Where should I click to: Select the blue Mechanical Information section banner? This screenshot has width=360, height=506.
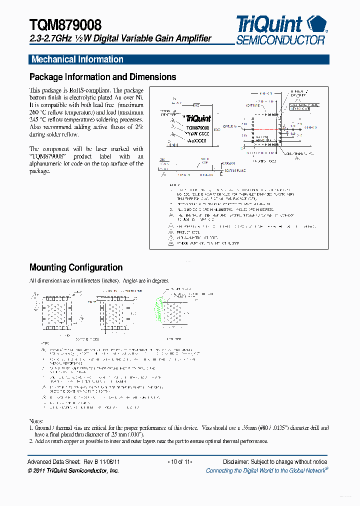click(178, 59)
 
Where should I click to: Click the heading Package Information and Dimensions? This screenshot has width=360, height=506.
click(102, 77)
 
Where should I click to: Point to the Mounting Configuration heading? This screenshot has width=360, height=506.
click(76, 267)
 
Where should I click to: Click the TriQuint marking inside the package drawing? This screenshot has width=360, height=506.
click(198, 119)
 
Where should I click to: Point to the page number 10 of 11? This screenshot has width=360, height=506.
click(179, 462)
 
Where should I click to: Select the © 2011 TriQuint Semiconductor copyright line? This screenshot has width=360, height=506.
click(73, 470)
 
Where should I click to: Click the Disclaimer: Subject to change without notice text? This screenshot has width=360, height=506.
click(274, 462)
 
